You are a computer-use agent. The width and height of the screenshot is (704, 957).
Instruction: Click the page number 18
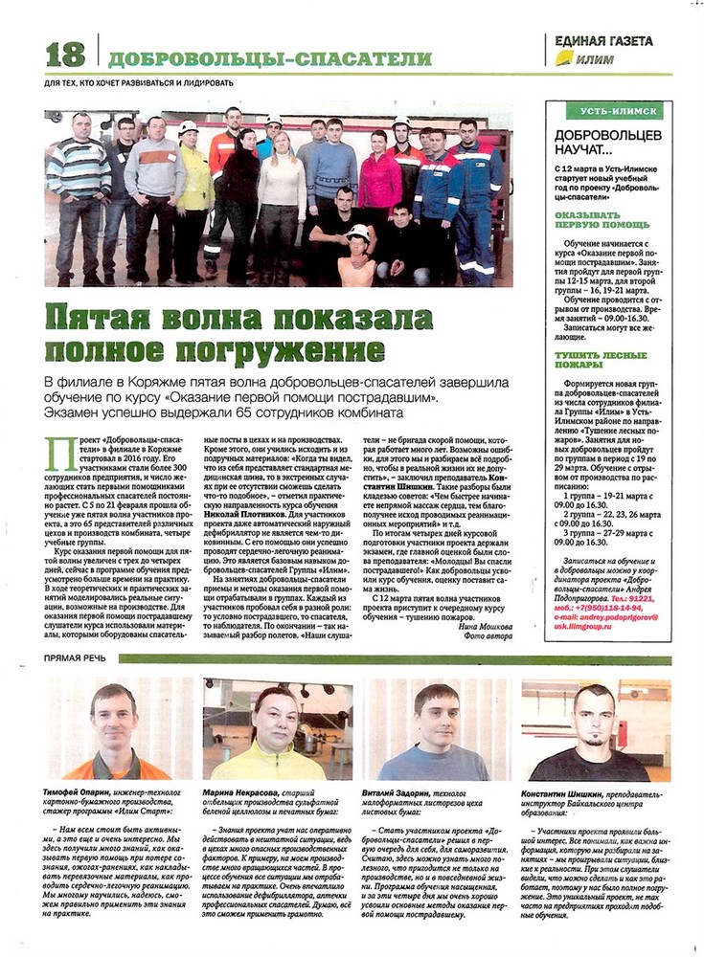tap(64, 54)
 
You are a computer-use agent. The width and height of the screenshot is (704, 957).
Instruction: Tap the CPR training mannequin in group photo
tap(358, 255)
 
